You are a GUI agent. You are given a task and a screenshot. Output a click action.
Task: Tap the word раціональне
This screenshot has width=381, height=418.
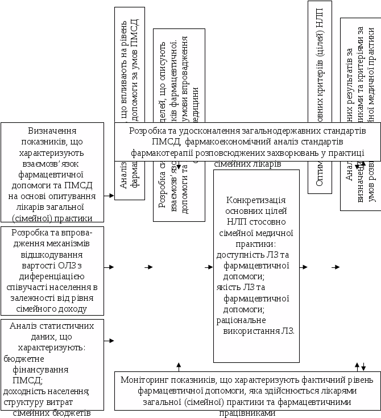pos(239,320)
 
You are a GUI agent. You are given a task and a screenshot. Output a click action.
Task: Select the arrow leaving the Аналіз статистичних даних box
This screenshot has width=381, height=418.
pos(109,341)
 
